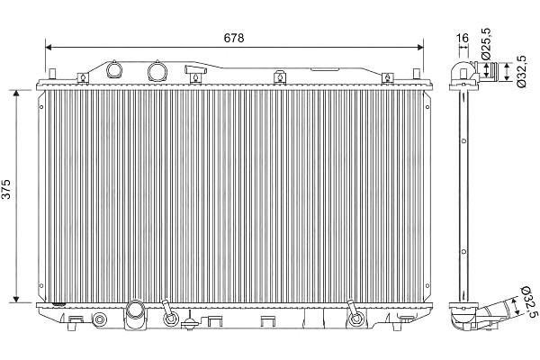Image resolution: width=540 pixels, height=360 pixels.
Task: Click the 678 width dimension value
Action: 234,38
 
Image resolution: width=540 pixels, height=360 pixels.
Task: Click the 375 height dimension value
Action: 6,189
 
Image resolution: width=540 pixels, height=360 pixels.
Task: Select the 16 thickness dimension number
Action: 463,38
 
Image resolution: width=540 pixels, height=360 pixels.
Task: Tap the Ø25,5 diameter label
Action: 486,43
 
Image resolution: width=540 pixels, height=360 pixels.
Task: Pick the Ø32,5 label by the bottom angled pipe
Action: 530,301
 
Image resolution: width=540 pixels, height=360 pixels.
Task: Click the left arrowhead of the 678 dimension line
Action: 49,47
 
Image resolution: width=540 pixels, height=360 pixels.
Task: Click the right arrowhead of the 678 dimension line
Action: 420,47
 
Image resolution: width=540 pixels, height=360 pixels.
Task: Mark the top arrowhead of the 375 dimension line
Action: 16,94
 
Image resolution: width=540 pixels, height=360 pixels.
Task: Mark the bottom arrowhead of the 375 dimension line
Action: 16,300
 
